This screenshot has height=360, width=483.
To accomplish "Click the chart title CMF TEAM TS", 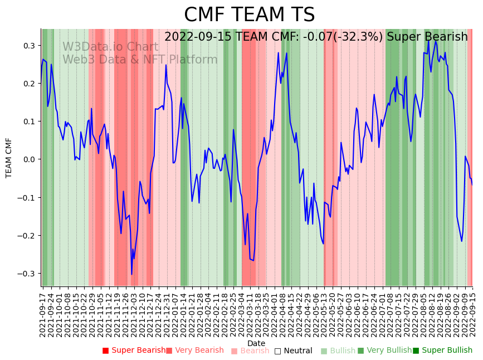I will pyautogui.click(x=249, y=15).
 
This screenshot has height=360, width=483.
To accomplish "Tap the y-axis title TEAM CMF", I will pyautogui.click(x=9, y=158).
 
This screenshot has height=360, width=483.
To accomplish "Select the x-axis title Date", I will pyautogui.click(x=256, y=343).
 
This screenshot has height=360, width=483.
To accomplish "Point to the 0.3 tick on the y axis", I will pyautogui.click(x=29, y=46).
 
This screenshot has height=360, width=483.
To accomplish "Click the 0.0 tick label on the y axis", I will pyautogui.click(x=29, y=159).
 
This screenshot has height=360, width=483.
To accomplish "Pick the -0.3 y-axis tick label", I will pyautogui.click(x=27, y=274).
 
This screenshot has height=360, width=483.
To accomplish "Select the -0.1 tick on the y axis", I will pyautogui.click(x=27, y=198).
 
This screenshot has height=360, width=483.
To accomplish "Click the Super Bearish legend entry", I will pyautogui.click(x=134, y=351).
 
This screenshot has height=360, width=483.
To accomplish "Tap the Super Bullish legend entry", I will pyautogui.click(x=442, y=351).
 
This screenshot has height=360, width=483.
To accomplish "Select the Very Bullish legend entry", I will pyautogui.click(x=383, y=351).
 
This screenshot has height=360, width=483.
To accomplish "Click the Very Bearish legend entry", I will pyautogui.click(x=194, y=351).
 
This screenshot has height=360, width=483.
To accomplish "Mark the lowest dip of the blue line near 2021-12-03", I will pyautogui.click(x=132, y=274).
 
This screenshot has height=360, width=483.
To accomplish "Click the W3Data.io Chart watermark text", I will pyautogui.click(x=110, y=47).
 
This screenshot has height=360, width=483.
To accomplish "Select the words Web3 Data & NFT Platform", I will pyautogui.click(x=140, y=60).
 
